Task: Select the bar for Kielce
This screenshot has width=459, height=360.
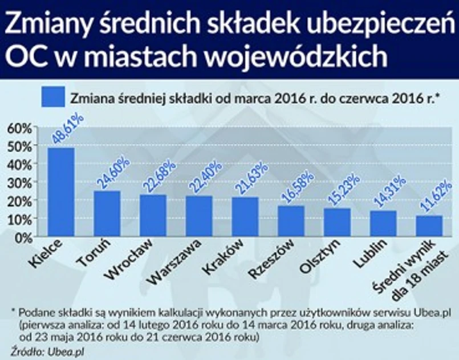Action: click(x=60, y=192)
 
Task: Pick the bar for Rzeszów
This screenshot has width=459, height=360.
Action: click(x=291, y=221)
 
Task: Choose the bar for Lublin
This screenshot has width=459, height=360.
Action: click(x=383, y=223)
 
